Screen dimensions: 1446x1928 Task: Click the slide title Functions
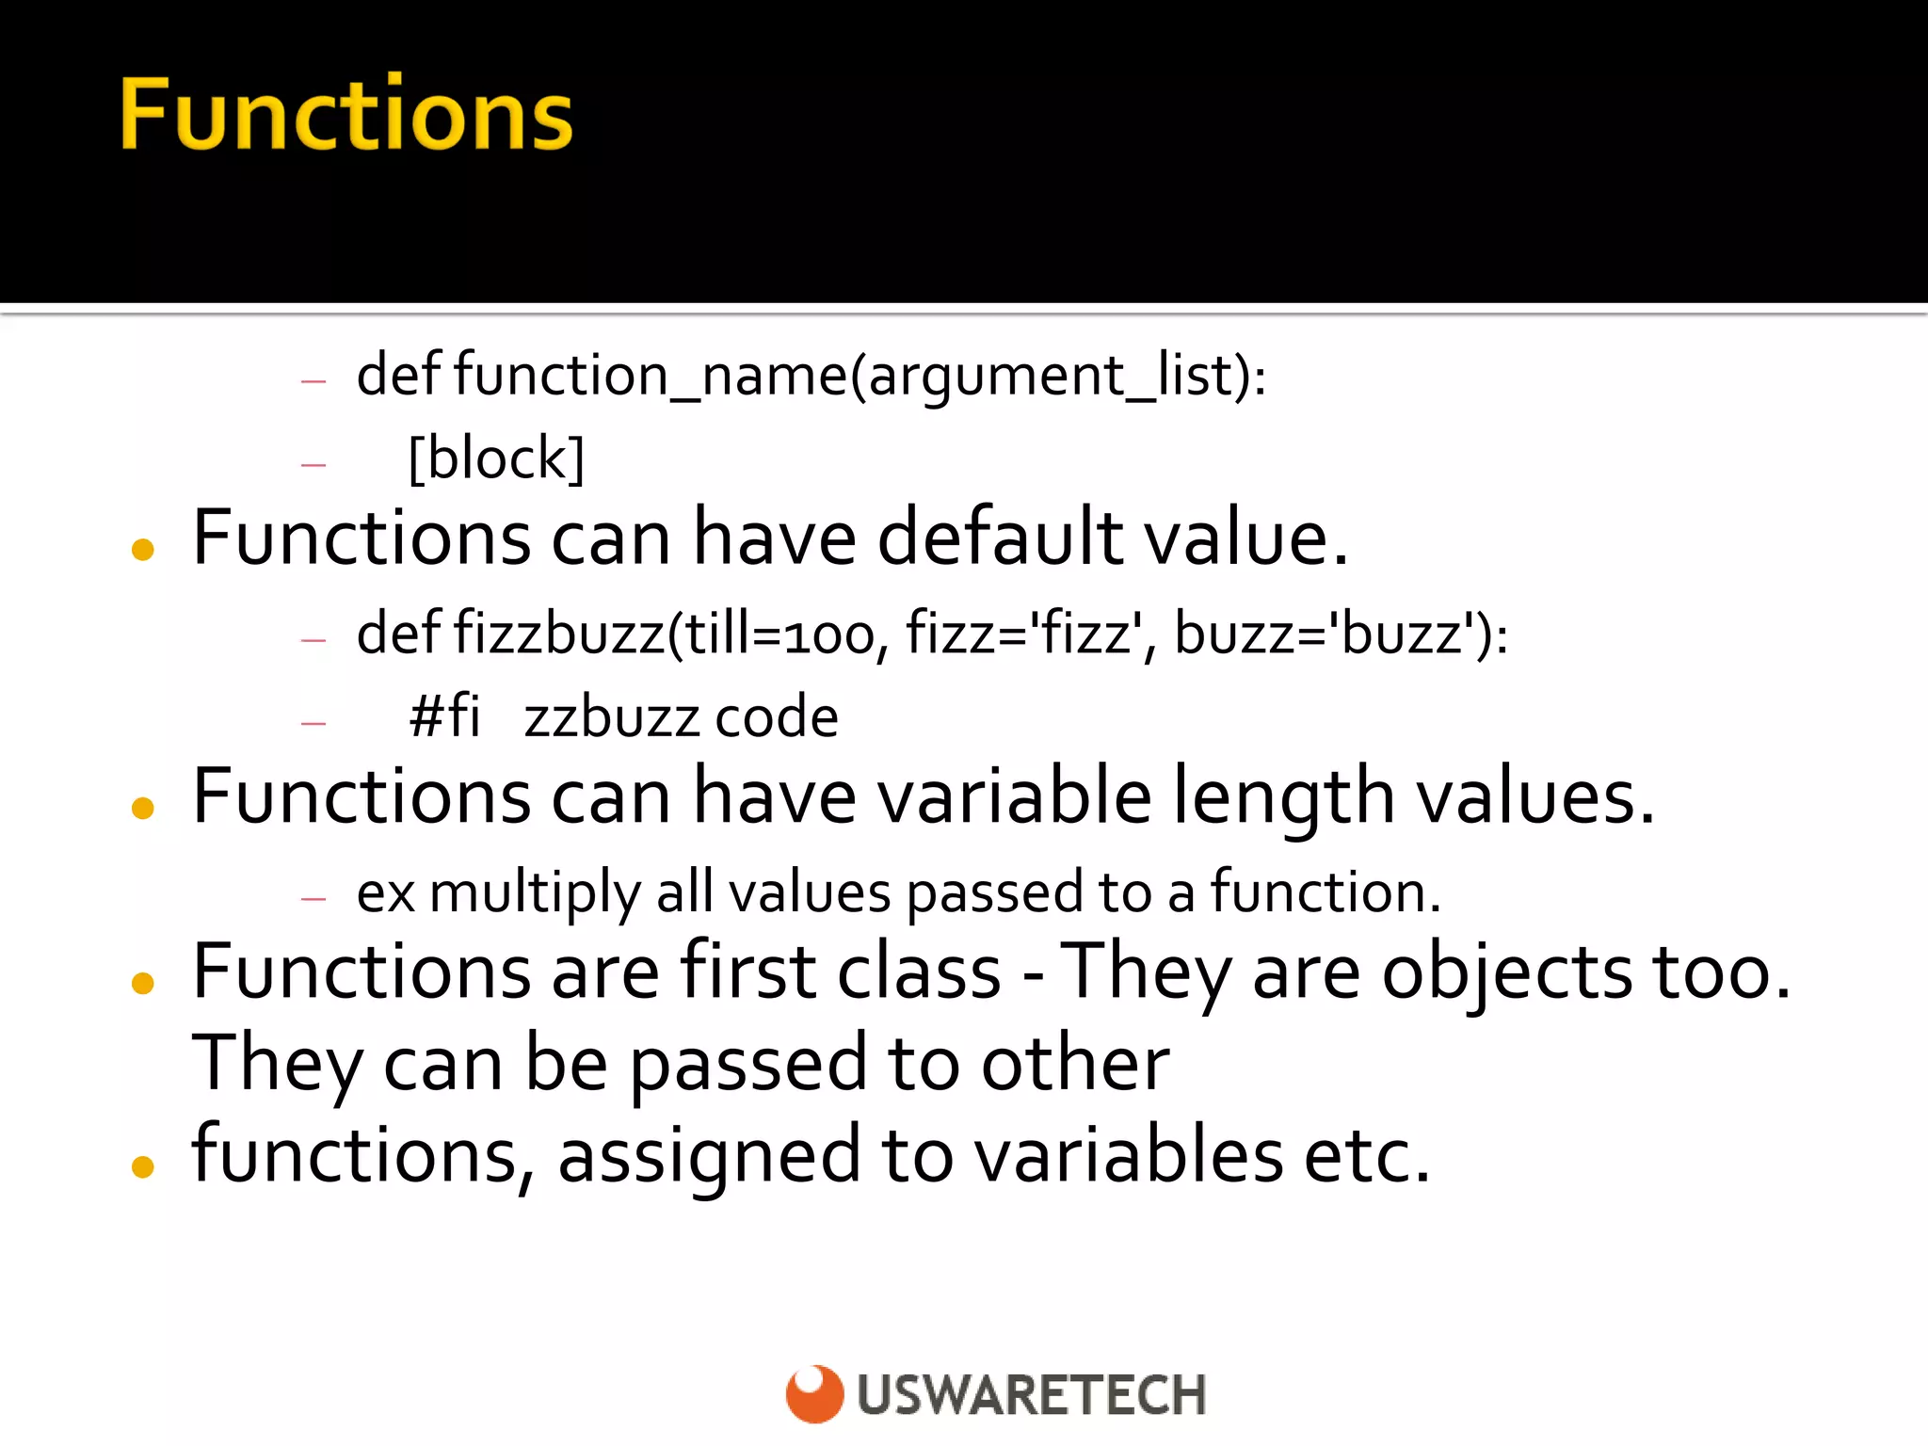345,115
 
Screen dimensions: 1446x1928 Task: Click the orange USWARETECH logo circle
814,1393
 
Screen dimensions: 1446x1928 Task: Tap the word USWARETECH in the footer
1031,1395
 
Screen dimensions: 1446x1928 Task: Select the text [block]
496,458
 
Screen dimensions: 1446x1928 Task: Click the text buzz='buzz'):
1341,633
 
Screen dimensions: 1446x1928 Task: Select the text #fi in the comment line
444,716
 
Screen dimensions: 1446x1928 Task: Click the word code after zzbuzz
777,717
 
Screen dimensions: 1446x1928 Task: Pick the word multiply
535,892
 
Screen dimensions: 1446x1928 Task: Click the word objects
1506,973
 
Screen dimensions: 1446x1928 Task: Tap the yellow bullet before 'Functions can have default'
143,549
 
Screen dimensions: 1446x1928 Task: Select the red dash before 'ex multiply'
313,899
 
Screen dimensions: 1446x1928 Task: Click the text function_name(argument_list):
860,376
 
